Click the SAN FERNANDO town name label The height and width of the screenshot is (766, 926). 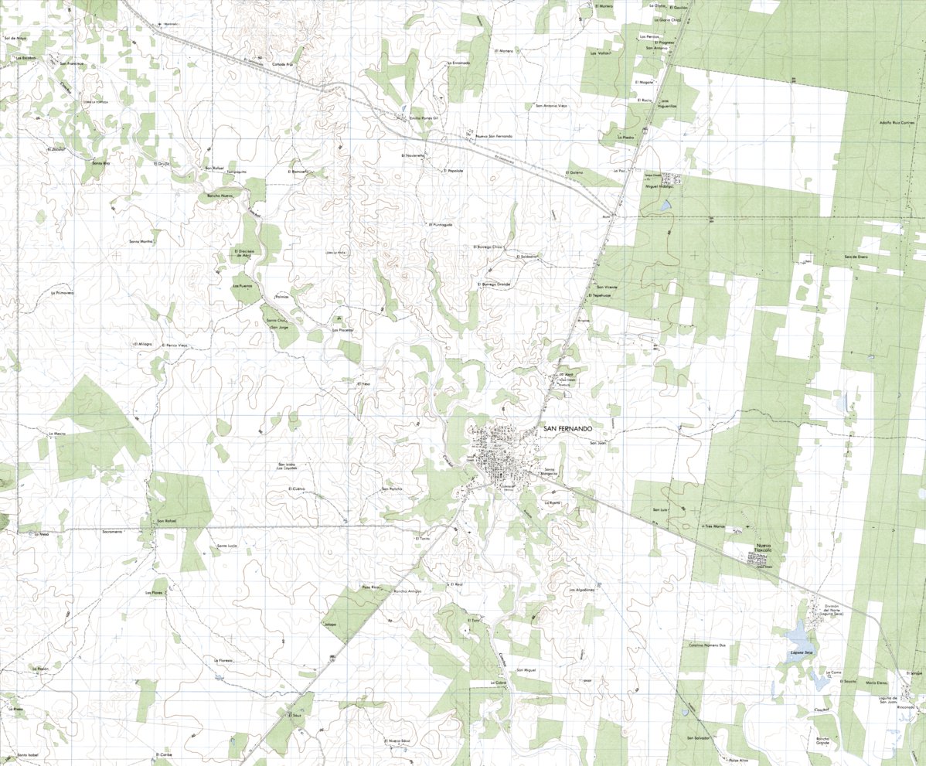pyautogui.click(x=568, y=428)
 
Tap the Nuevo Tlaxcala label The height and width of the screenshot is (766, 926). pyautogui.click(x=763, y=550)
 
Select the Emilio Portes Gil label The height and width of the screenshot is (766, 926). pyautogui.click(x=424, y=117)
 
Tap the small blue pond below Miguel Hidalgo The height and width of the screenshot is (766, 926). pyautogui.click(x=665, y=206)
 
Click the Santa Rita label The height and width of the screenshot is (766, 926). pyautogui.click(x=102, y=163)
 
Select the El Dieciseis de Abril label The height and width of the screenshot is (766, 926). pyautogui.click(x=244, y=253)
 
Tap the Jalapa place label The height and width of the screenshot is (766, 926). pyautogui.click(x=331, y=624)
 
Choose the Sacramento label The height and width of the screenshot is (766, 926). pyautogui.click(x=113, y=533)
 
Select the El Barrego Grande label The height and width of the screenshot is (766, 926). pyautogui.click(x=494, y=284)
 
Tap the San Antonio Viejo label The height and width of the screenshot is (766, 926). pyautogui.click(x=551, y=106)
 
